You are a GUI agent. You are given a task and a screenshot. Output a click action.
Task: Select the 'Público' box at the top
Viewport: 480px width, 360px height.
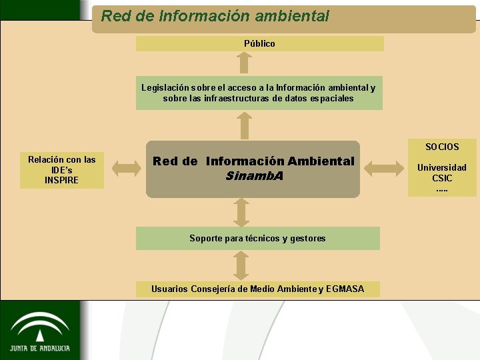pos(259,43)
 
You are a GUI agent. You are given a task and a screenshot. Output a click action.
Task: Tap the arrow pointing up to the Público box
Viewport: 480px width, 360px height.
pos(245,62)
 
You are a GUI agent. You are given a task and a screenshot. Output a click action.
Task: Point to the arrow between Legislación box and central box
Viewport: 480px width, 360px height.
pos(245,125)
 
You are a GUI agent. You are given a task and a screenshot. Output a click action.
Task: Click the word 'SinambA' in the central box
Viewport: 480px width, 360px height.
pos(254,176)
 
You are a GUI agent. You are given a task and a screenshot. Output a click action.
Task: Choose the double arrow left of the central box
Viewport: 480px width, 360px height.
pos(125,167)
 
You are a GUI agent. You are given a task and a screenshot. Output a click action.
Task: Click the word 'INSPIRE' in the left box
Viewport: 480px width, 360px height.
pos(61,180)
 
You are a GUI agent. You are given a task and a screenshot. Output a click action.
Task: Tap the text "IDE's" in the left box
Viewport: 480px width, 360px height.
pos(61,170)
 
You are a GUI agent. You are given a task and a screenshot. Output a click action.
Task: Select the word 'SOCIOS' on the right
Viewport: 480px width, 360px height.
pos(442,147)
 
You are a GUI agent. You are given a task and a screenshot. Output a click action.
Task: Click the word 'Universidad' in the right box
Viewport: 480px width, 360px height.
pos(442,167)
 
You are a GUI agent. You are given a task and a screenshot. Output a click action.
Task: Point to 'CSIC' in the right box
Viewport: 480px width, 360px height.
pos(442,178)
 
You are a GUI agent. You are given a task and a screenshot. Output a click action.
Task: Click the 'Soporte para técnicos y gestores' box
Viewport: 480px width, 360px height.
pos(257,238)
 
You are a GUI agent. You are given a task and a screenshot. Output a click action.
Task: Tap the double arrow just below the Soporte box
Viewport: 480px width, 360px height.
pos(241,265)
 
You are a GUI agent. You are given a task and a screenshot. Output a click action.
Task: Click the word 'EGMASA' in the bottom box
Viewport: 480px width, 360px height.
pos(345,289)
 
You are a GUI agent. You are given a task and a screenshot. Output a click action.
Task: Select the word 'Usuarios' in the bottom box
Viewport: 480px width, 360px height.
pos(169,289)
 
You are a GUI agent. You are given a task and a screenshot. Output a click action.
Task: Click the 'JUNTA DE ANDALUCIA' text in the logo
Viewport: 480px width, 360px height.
pos(40,348)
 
